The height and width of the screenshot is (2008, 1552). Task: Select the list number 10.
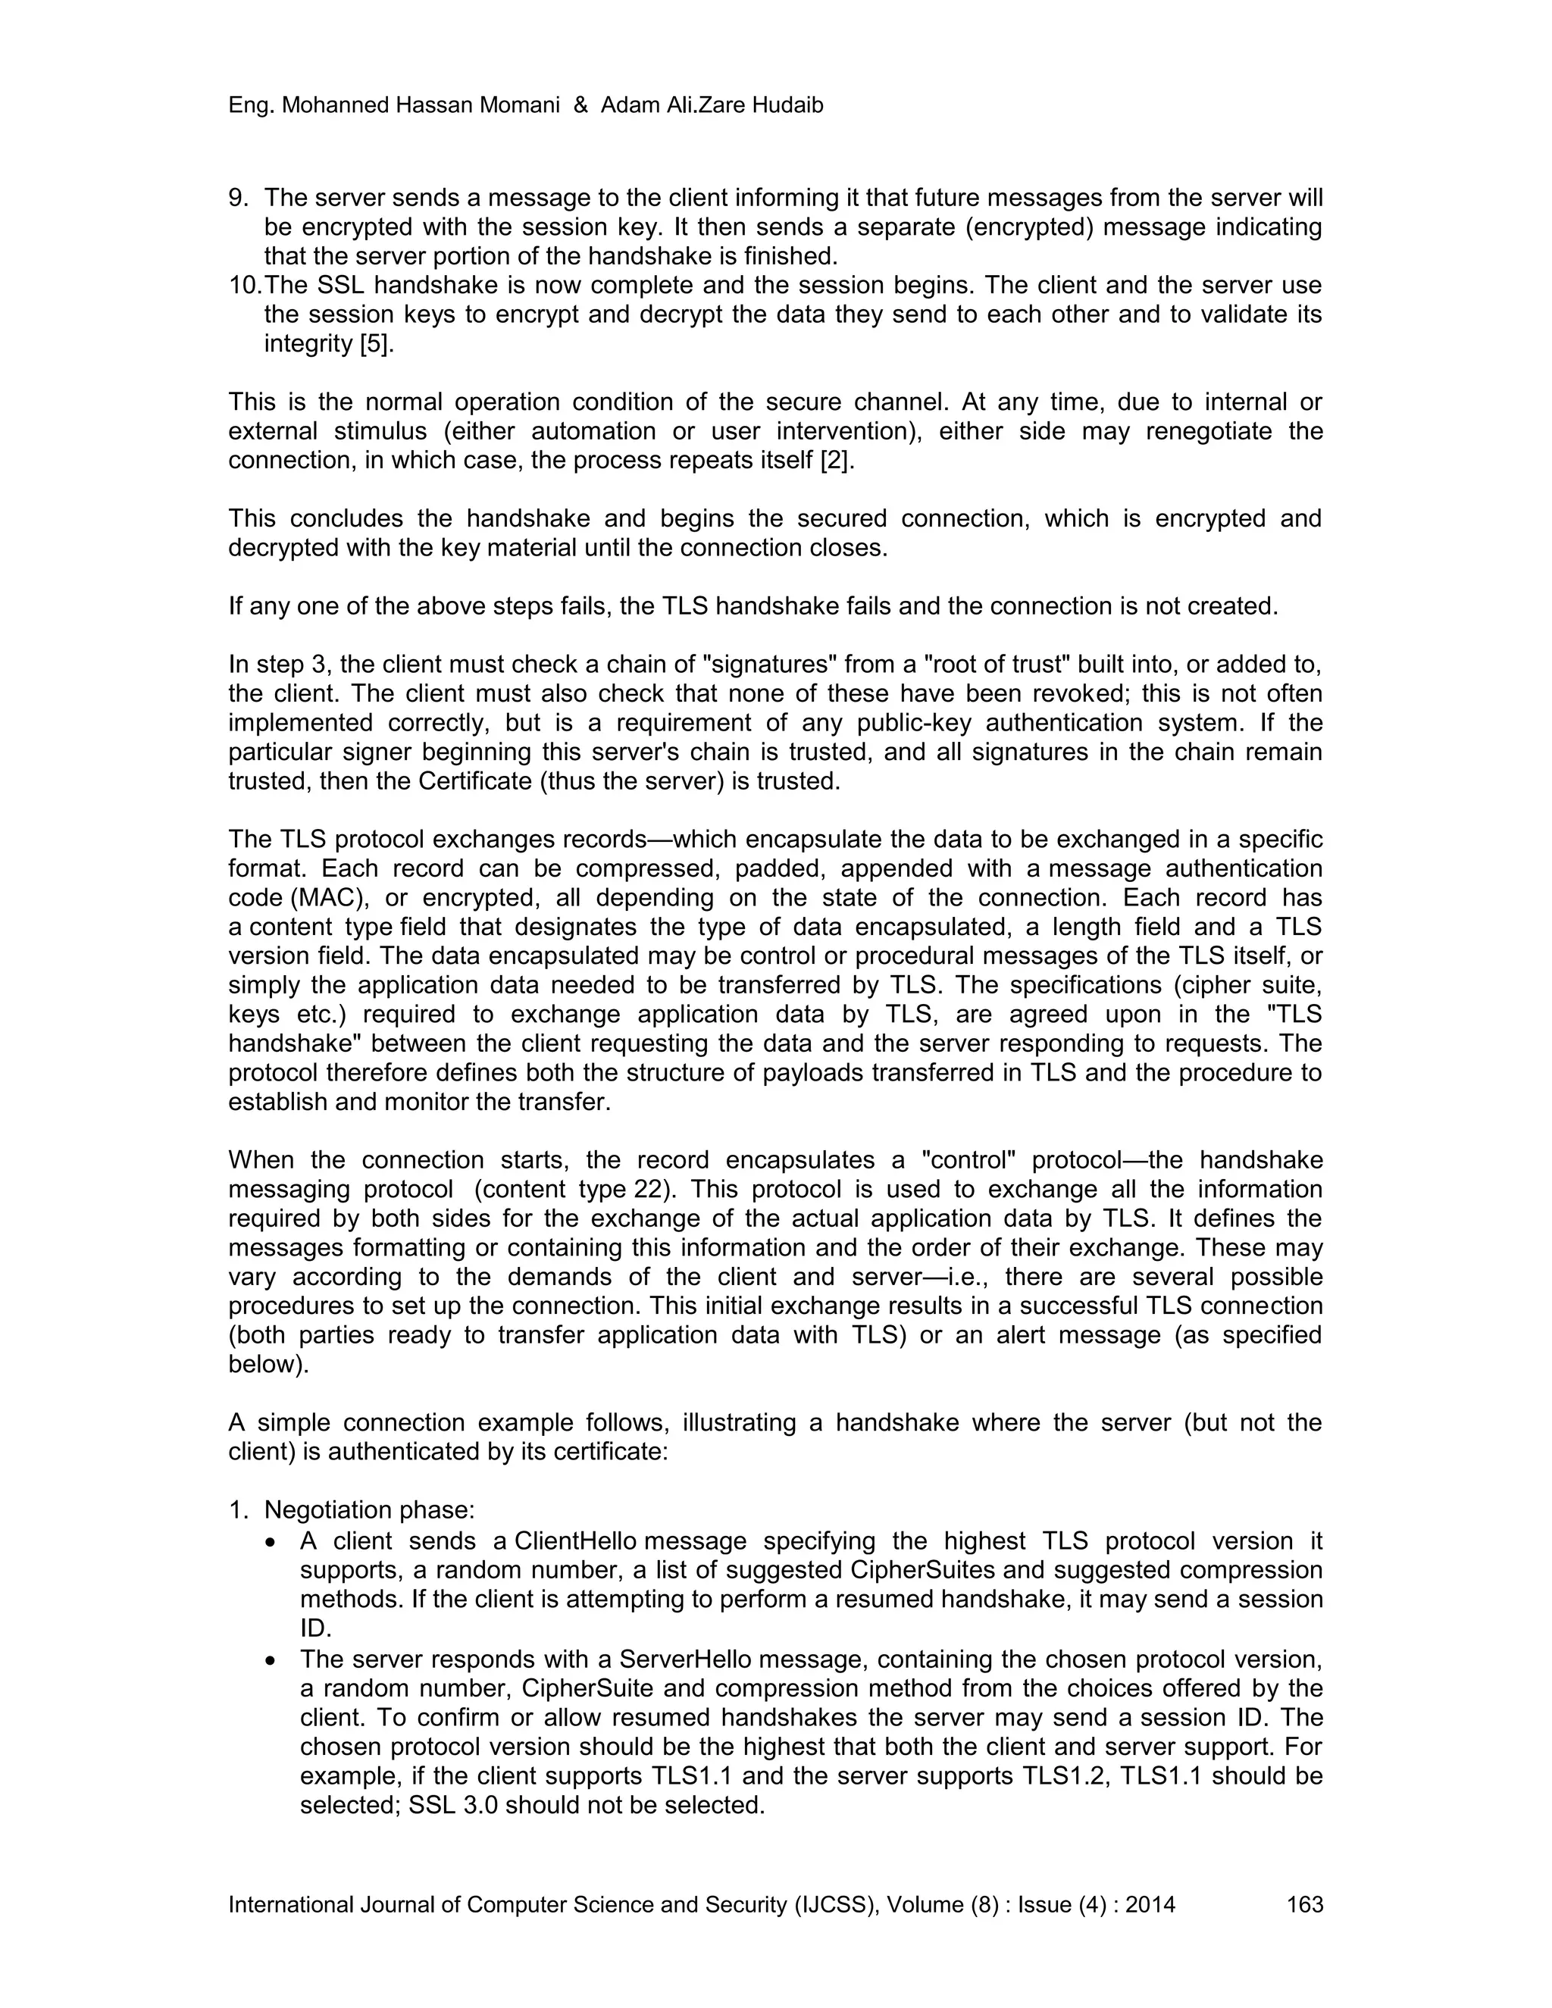(245, 285)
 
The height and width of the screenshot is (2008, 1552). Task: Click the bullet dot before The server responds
(271, 1660)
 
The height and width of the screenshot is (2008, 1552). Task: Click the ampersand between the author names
(580, 106)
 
